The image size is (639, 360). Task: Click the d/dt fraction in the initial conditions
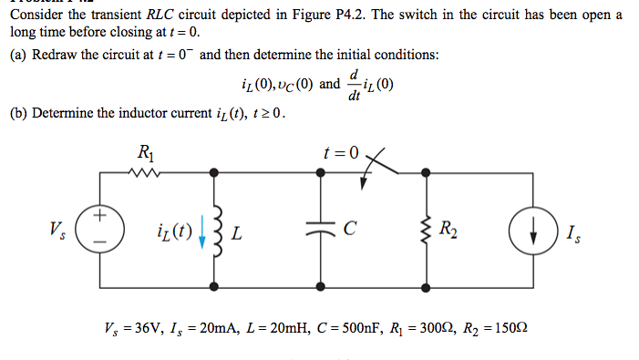[356, 86]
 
